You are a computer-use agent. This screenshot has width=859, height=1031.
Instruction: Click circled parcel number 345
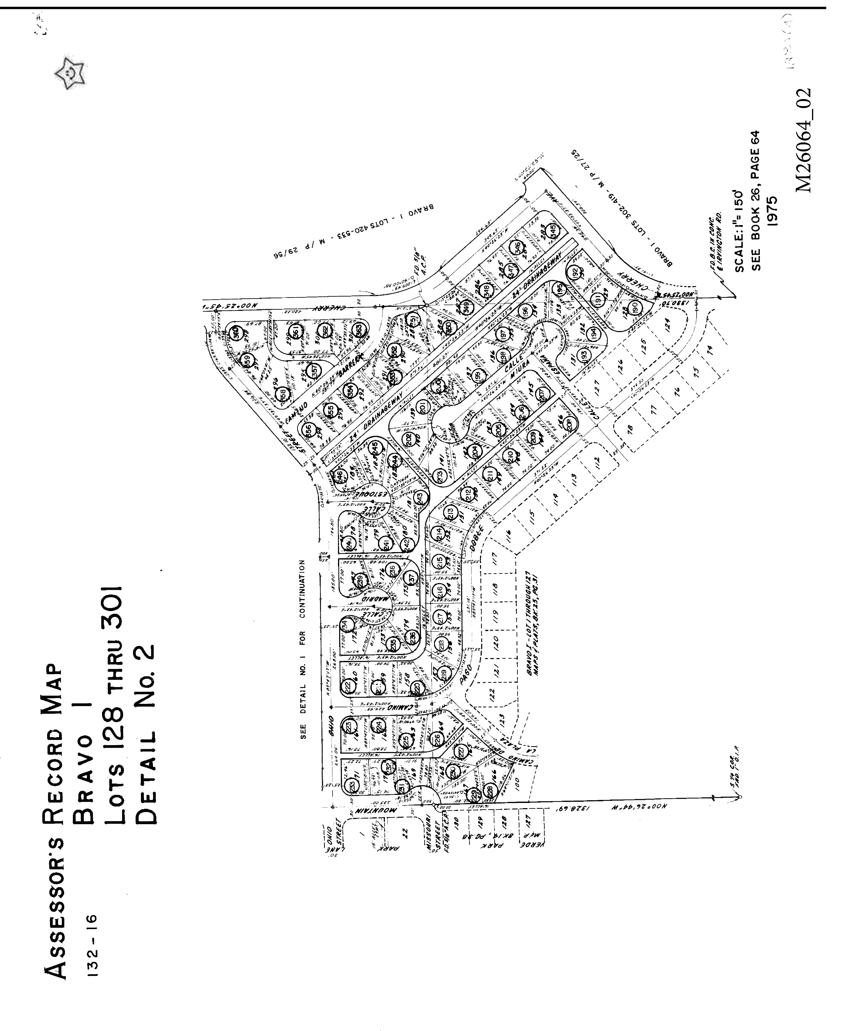coord(554,229)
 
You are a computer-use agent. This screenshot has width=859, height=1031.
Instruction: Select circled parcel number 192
coord(575,272)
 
